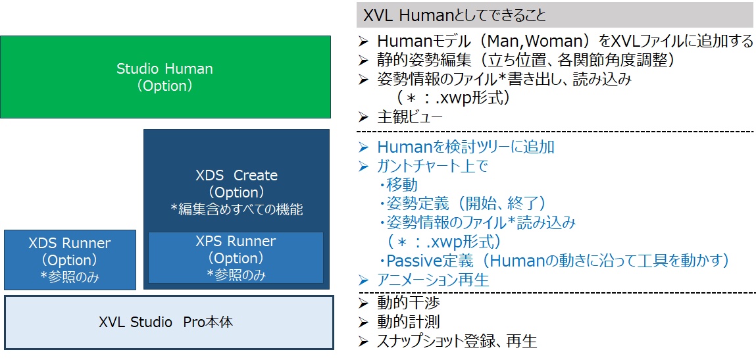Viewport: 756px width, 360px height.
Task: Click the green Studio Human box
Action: pyautogui.click(x=165, y=76)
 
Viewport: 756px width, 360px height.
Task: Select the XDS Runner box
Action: pyautogui.click(x=70, y=259)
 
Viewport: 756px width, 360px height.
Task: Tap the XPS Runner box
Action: pyautogui.click(x=236, y=257)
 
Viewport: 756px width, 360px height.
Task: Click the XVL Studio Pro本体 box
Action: pyautogui.click(x=168, y=322)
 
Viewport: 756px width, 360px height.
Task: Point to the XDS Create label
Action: pyautogui.click(x=236, y=176)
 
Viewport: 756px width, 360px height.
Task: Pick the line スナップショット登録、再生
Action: pyautogui.click(x=457, y=341)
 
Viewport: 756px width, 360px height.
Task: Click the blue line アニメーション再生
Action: pyautogui.click(x=433, y=280)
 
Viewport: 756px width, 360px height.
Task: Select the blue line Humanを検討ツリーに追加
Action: pyautogui.click(x=465, y=147)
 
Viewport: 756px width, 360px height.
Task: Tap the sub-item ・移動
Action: pyautogui.click(x=398, y=185)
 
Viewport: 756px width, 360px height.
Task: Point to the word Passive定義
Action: pyautogui.click(x=428, y=261)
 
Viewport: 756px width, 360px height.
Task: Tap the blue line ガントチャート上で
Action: pyautogui.click(x=432, y=166)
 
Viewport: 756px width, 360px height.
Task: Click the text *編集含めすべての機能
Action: pyautogui.click(x=236, y=209)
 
